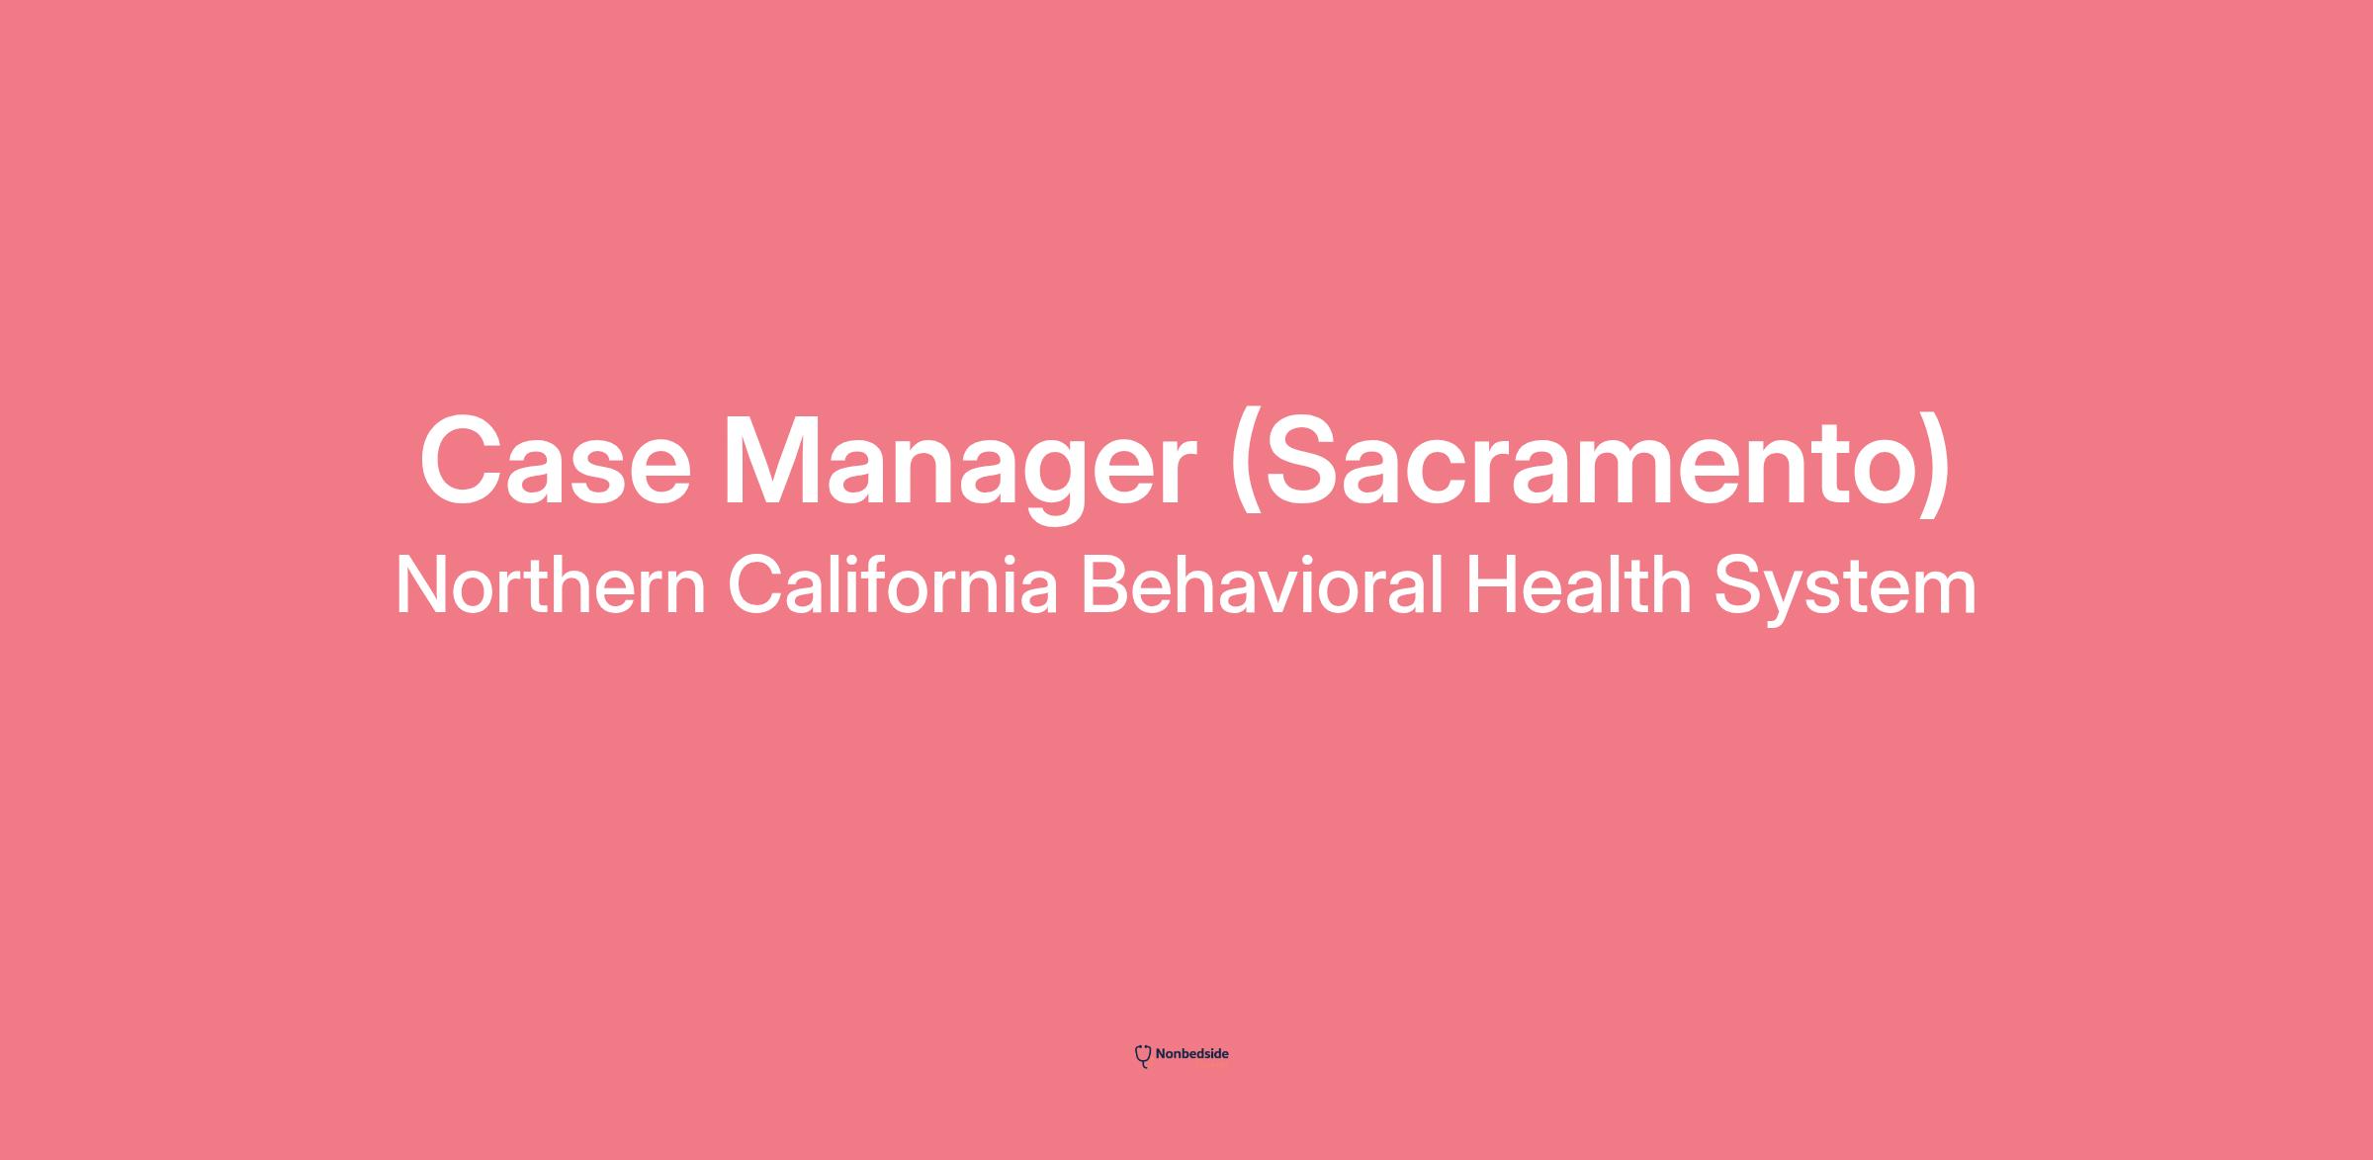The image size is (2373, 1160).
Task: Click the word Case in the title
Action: point(556,461)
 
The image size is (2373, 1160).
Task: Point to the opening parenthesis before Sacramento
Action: point(1246,465)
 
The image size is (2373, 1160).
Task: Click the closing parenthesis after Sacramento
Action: point(1937,465)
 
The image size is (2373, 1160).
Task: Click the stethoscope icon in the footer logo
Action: point(1143,1056)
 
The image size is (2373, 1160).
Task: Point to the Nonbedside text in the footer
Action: point(1191,1054)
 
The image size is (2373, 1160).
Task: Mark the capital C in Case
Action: point(465,461)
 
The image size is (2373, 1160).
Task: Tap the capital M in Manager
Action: point(780,462)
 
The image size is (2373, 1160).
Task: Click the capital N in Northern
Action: point(423,585)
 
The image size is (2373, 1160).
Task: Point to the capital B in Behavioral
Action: point(1106,585)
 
